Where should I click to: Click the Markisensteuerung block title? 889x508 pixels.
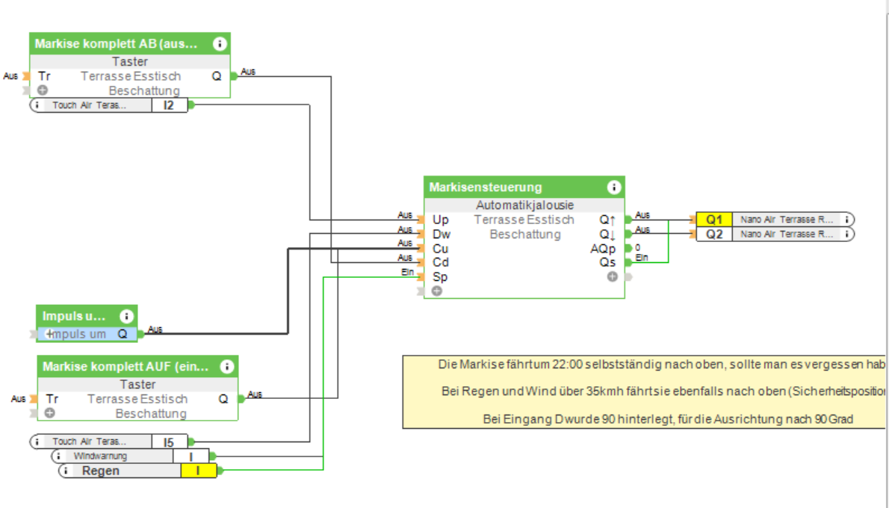click(x=486, y=187)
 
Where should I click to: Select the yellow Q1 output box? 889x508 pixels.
click(x=714, y=220)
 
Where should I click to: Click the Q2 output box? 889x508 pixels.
click(x=714, y=234)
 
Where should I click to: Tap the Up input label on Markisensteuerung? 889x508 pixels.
click(x=441, y=220)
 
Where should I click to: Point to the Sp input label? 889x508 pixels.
click(x=440, y=277)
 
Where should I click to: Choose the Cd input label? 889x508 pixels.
click(x=441, y=263)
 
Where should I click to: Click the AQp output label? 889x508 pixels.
click(x=603, y=249)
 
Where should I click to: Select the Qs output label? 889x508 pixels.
click(x=607, y=263)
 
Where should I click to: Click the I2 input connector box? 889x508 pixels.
click(x=169, y=105)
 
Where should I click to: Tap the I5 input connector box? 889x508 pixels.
click(x=169, y=442)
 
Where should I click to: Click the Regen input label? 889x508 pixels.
click(x=100, y=471)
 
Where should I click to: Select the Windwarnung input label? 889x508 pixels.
click(x=100, y=456)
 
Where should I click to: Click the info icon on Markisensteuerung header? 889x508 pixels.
click(x=614, y=187)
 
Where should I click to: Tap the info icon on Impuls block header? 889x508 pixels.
click(x=126, y=316)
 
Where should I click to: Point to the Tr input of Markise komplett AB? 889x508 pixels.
click(x=44, y=75)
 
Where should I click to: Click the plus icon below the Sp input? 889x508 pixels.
click(x=436, y=291)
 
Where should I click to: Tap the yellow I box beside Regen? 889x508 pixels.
click(x=198, y=471)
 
